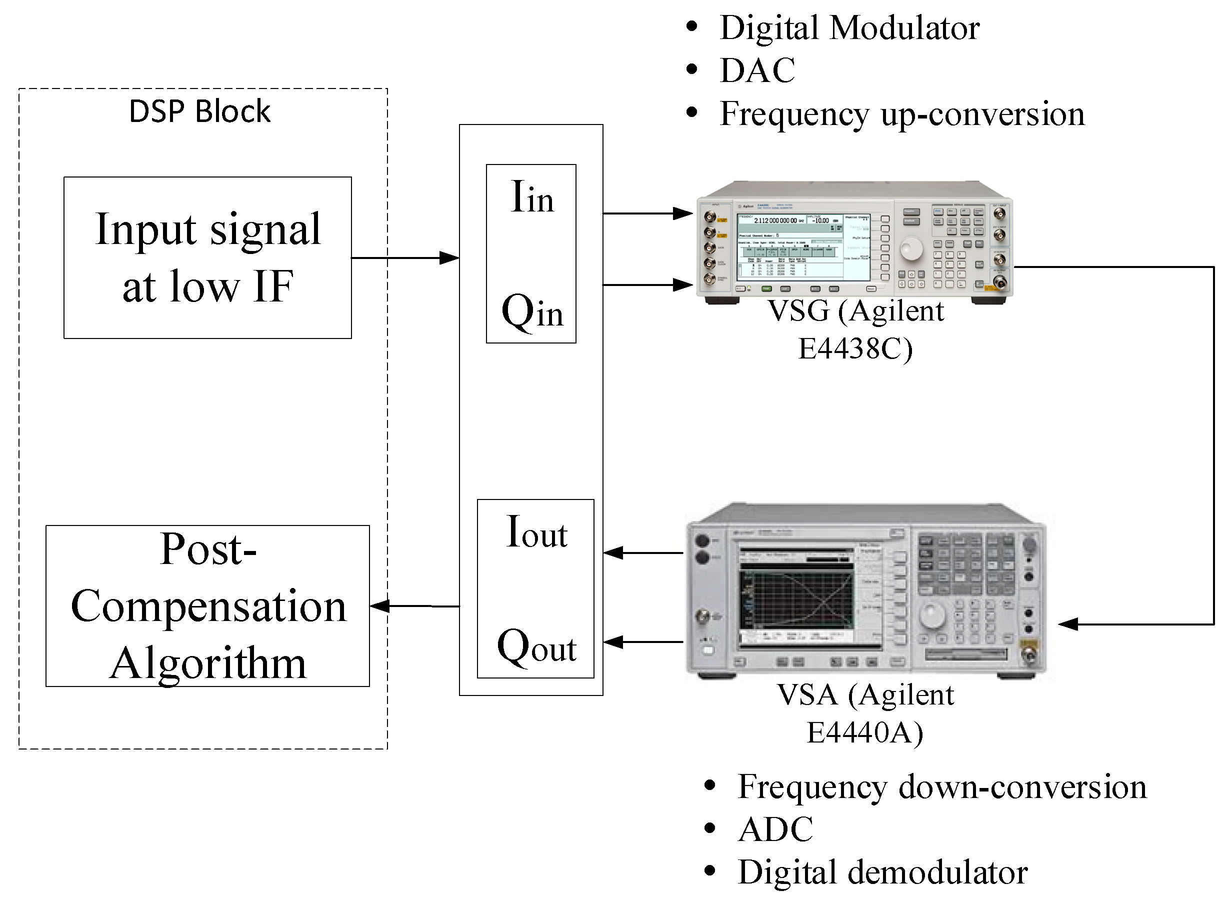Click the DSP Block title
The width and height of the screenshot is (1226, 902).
(x=199, y=112)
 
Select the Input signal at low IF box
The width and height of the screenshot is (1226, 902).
(x=207, y=257)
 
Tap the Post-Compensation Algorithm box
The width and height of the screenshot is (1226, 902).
(x=207, y=605)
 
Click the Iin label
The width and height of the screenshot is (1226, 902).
(x=531, y=197)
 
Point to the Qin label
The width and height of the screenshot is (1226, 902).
(x=531, y=311)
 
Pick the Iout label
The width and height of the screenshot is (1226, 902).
(x=536, y=532)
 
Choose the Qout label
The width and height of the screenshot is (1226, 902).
(x=536, y=647)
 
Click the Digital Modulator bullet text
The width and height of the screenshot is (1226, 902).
(x=849, y=28)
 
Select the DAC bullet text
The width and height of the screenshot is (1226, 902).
(x=757, y=70)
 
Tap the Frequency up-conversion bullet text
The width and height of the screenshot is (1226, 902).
(x=902, y=114)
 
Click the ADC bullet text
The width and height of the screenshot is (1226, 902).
(x=775, y=829)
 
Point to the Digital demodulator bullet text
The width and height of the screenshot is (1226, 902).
(x=882, y=872)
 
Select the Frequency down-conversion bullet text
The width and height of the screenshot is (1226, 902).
(x=941, y=787)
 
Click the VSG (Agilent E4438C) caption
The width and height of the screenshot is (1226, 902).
(x=855, y=329)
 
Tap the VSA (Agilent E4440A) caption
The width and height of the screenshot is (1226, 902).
(x=865, y=713)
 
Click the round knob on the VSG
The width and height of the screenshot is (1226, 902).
(x=911, y=248)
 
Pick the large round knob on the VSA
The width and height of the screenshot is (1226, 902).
(x=932, y=615)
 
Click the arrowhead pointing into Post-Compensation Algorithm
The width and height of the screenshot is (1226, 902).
(x=380, y=605)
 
